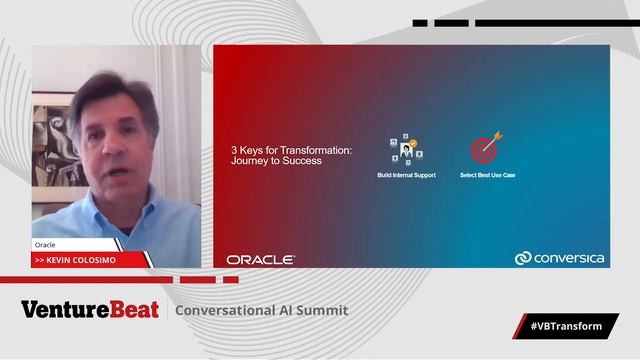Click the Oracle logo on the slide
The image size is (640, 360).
tap(260, 260)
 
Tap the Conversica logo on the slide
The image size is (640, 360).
tap(559, 259)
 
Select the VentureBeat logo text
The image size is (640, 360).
tap(90, 310)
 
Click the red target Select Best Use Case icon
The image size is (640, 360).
tap(487, 149)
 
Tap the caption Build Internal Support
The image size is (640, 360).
tap(406, 176)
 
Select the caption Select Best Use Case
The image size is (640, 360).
tap(487, 176)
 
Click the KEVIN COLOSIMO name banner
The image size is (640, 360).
tap(90, 260)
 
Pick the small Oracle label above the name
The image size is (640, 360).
tap(46, 244)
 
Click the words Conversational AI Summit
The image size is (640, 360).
tap(262, 310)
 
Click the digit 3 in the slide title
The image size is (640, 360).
tap(234, 151)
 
